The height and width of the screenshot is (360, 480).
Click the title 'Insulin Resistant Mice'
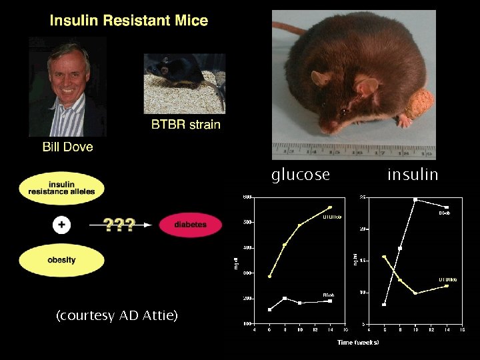click(129, 20)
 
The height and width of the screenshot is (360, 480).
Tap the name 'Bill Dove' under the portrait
click(67, 147)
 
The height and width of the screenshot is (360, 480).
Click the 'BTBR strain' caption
click(185, 124)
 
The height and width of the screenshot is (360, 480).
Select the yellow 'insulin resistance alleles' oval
click(61, 188)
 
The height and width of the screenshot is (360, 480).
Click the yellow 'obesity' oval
click(61, 260)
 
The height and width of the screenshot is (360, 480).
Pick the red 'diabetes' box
click(190, 225)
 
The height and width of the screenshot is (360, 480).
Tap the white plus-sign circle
click(61, 225)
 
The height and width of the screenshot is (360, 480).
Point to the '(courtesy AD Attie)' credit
click(117, 315)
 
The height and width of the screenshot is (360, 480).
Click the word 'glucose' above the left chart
click(300, 175)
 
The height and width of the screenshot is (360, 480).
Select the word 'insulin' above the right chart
click(413, 175)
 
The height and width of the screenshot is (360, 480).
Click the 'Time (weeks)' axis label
click(358, 342)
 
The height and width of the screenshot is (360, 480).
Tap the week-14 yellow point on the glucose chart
click(329, 207)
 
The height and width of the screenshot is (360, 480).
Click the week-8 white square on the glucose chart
click(285, 298)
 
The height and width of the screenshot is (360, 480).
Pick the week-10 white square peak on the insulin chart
click(415, 199)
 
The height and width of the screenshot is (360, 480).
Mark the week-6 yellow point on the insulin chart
click(384, 257)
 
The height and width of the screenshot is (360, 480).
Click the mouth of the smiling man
click(67, 89)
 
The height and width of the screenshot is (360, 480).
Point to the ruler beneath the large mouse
click(353, 151)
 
